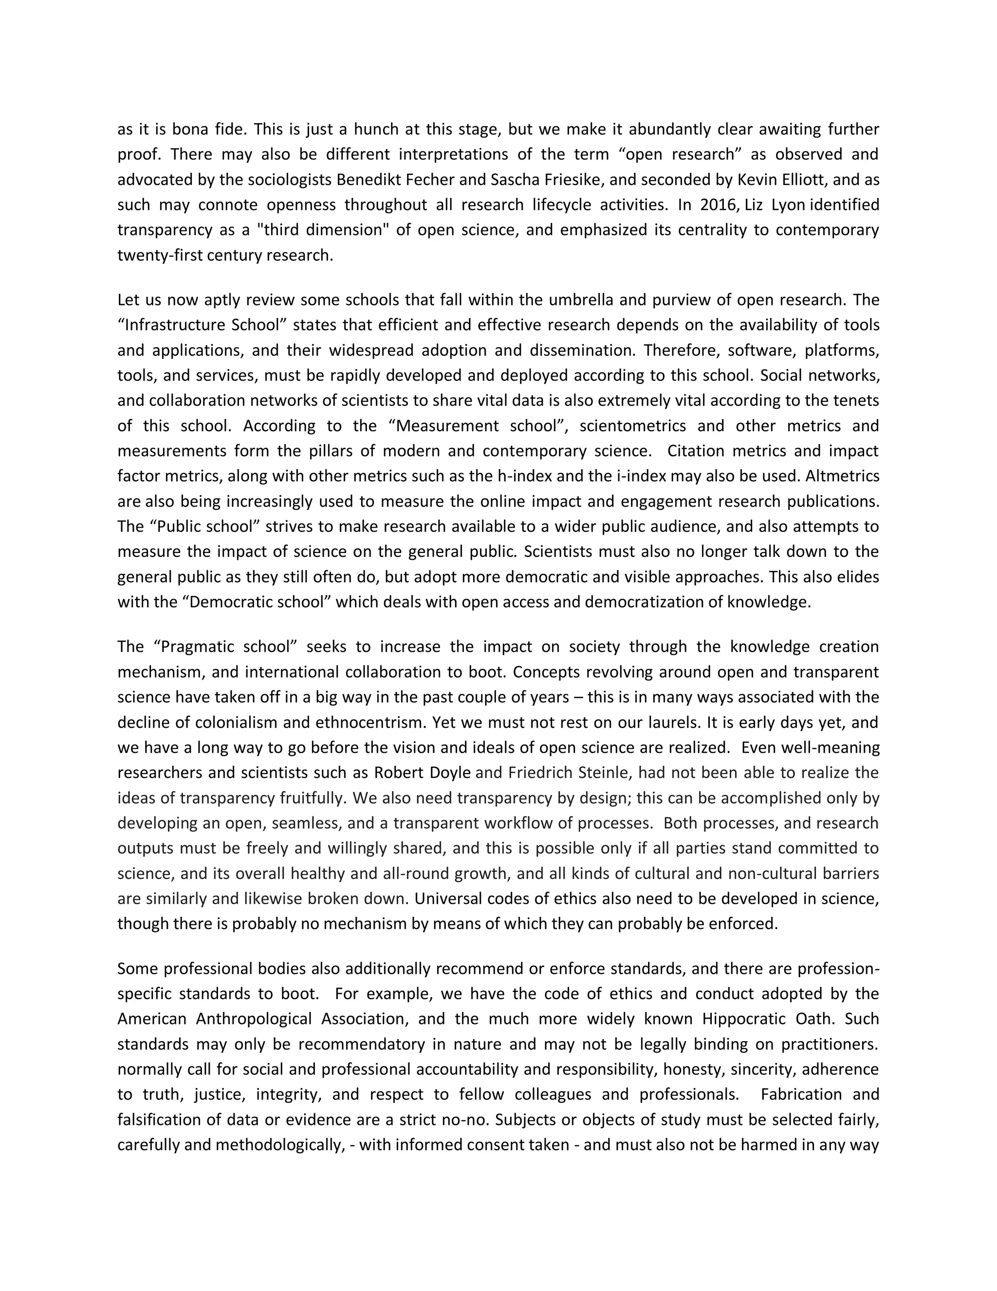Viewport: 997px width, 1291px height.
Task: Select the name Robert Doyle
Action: [422, 773]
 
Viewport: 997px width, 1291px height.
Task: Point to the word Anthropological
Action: [254, 1019]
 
